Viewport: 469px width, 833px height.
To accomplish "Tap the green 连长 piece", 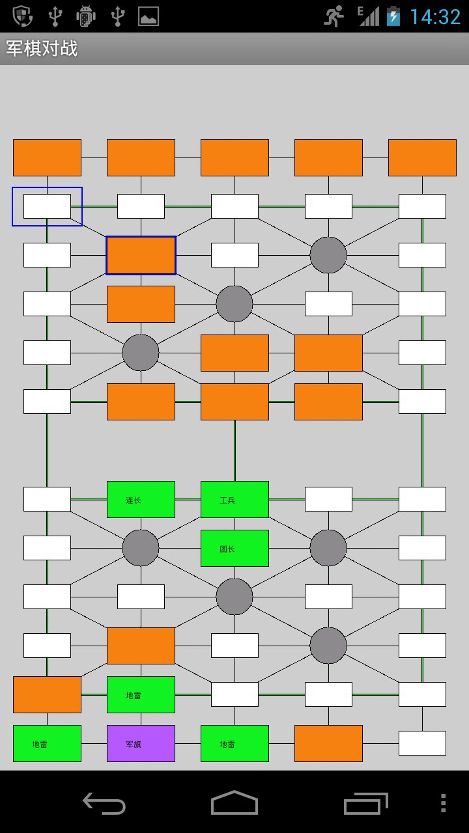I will click(141, 499).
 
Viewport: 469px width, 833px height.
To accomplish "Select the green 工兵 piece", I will click(234, 499).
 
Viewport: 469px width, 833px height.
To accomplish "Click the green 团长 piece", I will click(234, 548).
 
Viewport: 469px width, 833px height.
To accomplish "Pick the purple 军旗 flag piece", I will click(141, 743).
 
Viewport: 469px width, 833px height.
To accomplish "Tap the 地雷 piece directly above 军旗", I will click(141, 694).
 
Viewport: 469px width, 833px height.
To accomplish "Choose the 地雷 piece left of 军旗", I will click(47, 743).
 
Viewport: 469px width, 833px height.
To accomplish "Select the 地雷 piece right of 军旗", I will click(234, 743).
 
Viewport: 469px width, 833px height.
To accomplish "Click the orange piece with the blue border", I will click(141, 255).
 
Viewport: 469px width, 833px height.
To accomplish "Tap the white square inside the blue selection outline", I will click(47, 206).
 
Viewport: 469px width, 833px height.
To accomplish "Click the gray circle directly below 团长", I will click(234, 596).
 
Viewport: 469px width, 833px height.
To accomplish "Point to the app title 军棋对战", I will click(42, 49).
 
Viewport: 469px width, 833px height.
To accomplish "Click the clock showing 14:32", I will click(434, 16).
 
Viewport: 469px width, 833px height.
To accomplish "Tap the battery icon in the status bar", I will click(393, 16).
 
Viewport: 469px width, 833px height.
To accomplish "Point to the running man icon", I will click(334, 16).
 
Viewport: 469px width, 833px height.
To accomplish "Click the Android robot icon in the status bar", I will click(86, 16).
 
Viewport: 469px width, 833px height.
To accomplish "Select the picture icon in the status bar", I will click(149, 16).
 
